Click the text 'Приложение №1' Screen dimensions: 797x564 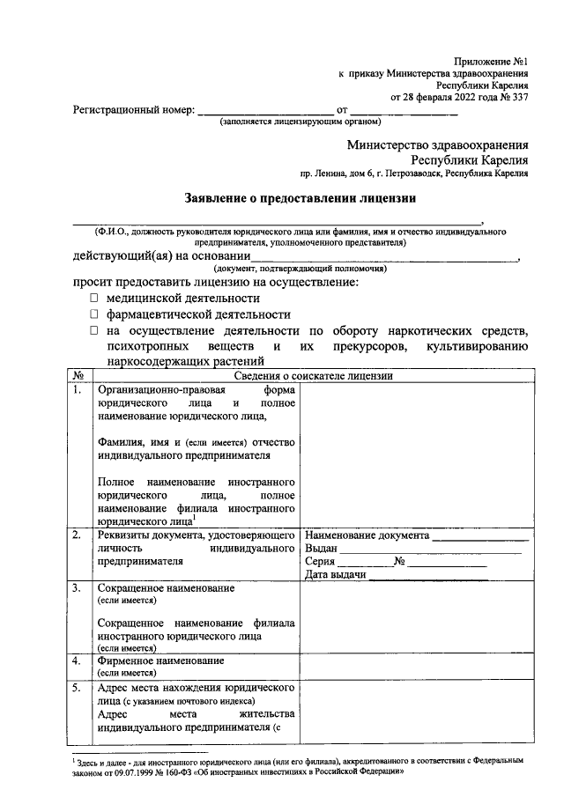point(491,62)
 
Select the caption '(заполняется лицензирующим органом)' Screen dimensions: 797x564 point(300,122)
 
